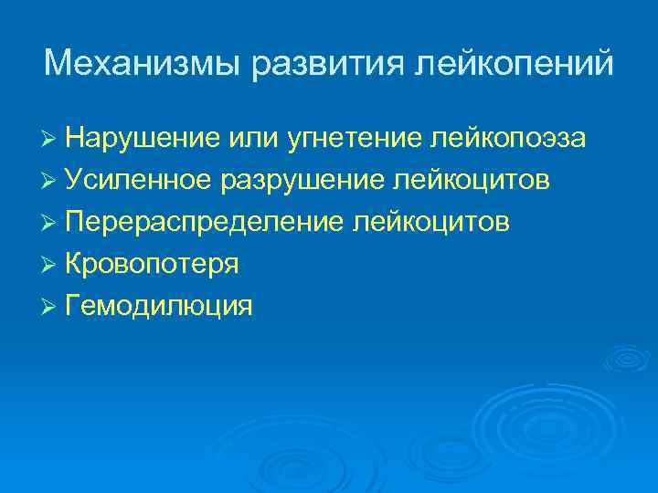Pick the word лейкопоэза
pyautogui.click(x=505, y=139)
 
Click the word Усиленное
pyautogui.click(x=140, y=181)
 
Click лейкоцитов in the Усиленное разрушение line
pyautogui.click(x=472, y=181)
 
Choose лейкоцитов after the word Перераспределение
pyautogui.click(x=431, y=223)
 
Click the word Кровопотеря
pyautogui.click(x=153, y=265)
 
